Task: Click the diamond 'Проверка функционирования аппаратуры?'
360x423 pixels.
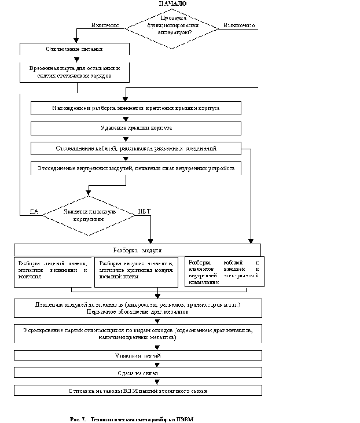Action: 172,28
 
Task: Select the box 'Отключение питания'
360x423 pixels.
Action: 74,49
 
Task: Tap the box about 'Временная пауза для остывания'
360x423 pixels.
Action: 74,72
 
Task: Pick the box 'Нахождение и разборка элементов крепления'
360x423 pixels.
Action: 135,108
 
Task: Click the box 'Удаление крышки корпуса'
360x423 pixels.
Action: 135,128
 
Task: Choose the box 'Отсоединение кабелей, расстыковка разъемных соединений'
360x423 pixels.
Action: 135,148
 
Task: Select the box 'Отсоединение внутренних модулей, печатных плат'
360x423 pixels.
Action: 135,168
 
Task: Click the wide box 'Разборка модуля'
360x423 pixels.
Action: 137,250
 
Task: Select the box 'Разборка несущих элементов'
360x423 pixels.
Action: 136,272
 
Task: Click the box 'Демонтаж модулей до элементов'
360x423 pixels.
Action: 137,308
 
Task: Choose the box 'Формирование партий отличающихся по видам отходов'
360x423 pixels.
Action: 137,333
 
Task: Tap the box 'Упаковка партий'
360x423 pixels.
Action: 137,355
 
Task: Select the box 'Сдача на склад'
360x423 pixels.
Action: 137,373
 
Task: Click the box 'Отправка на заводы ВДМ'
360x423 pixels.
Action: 137,391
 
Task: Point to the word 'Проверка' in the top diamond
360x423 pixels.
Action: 172,19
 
